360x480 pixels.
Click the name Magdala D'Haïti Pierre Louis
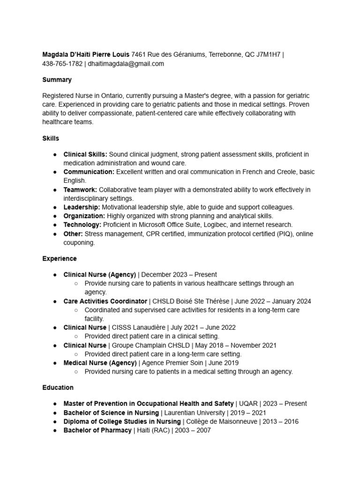pos(86,55)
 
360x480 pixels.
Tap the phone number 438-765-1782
pos(62,64)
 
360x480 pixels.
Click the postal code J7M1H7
pos(268,55)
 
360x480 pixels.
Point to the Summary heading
pos(57,80)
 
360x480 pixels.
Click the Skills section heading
pos(51,138)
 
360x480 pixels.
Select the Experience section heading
pos(60,259)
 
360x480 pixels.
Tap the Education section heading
pos(58,388)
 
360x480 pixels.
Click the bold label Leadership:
pos(82,207)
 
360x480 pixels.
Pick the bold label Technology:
pos(82,225)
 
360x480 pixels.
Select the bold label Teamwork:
pos(80,190)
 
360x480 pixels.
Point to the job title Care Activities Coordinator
pos(105,301)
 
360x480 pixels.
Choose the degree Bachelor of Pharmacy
pos(97,430)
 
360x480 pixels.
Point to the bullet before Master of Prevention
pos(55,404)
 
